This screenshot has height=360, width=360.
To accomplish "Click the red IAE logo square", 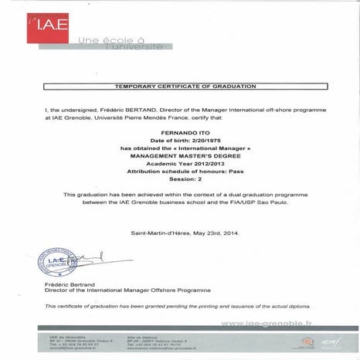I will pyautogui.click(x=49, y=26).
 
